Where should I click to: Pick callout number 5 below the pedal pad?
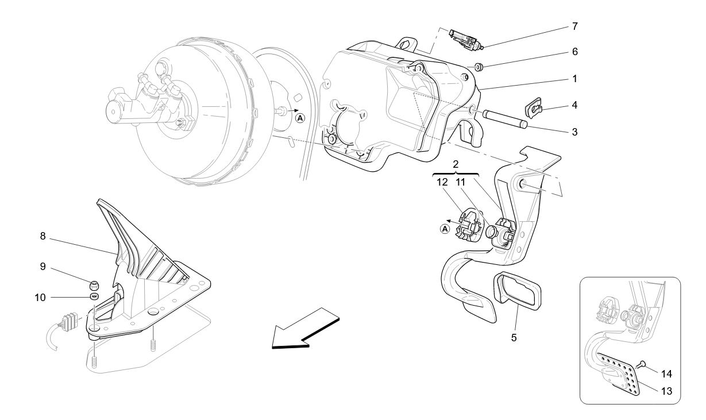(x=514, y=337)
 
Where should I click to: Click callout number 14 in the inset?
(x=666, y=373)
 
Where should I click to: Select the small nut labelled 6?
(x=480, y=67)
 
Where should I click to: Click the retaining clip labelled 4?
(x=535, y=107)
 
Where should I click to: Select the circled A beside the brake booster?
(x=299, y=118)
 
